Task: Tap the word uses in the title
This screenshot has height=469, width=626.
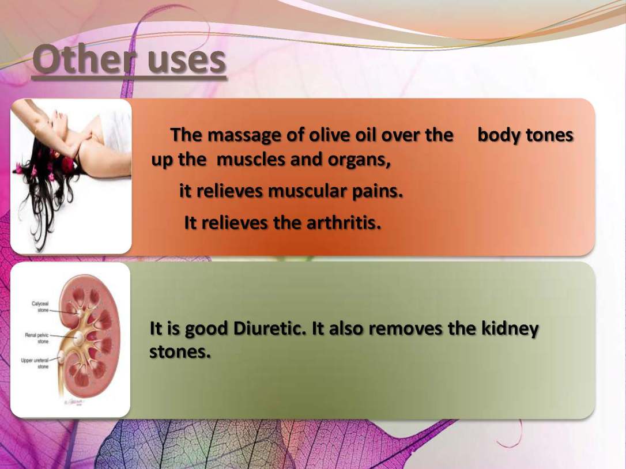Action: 187,62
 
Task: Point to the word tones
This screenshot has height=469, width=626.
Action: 549,135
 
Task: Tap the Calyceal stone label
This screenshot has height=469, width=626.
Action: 40,307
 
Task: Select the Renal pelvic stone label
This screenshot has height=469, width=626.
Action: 37,338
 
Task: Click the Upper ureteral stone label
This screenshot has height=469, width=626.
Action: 35,363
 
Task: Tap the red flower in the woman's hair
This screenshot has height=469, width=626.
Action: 68,164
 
